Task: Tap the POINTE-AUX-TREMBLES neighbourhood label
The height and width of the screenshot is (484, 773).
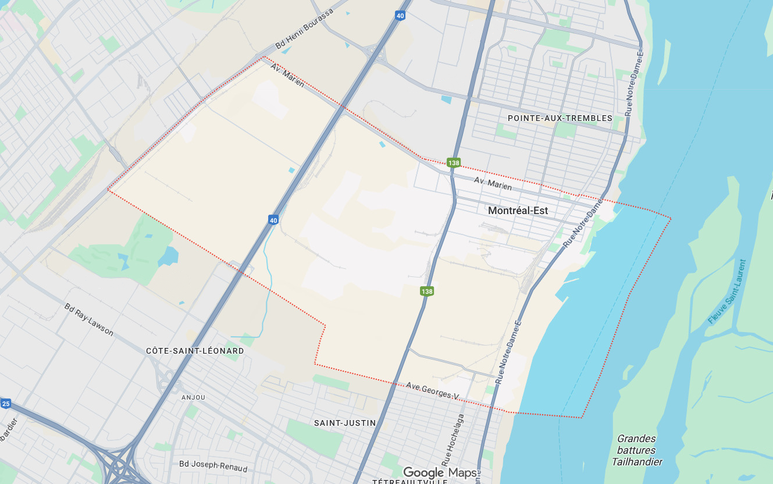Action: pos(560,118)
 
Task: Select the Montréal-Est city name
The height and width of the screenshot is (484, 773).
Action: pos(518,211)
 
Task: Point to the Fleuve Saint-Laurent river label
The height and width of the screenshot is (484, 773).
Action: pos(726,291)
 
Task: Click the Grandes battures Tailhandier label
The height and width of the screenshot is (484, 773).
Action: pos(636,450)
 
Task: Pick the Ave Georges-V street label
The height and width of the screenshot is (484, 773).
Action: pos(432,391)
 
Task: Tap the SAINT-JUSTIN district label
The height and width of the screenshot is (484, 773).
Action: pos(345,423)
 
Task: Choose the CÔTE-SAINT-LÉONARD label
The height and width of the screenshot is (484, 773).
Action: pos(195,351)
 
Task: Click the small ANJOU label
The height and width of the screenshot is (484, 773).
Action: pos(193,397)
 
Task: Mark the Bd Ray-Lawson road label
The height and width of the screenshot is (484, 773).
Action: pos(88,319)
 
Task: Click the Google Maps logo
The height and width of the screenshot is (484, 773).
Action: pos(440,472)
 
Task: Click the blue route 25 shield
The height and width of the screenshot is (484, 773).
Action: pos(5,403)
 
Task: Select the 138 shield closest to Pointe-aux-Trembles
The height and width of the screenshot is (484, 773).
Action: pos(454,163)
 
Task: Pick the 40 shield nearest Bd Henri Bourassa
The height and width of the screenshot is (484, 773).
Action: pos(400,16)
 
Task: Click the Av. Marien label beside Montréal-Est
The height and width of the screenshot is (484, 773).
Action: pos(493,183)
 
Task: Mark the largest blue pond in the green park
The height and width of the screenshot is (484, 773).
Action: pos(168,256)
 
